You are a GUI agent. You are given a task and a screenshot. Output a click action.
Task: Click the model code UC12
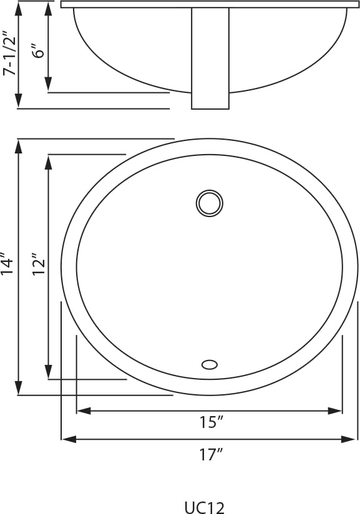point(204,507)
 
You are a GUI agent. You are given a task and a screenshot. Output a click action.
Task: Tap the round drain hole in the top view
point(210,203)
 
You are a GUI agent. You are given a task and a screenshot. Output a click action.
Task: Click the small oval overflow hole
point(210,364)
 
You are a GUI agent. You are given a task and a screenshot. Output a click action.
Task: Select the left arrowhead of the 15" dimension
point(84,410)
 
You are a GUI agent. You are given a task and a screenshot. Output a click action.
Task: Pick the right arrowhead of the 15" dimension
point(335,410)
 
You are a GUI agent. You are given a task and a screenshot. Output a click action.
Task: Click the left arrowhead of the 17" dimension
point(69,439)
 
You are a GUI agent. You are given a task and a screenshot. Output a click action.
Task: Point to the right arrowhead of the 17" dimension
point(348,439)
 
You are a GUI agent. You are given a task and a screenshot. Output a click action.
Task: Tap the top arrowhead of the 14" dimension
point(19,147)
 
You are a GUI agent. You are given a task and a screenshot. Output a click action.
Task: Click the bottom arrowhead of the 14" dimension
point(19,388)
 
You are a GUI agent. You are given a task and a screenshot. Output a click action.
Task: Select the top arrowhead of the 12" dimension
point(49,162)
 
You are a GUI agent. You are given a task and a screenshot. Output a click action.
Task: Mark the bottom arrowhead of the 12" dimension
point(49,372)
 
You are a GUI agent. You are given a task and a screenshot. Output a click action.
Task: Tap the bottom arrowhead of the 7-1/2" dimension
point(19,100)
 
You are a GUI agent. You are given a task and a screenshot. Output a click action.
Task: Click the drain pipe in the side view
point(210,59)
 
